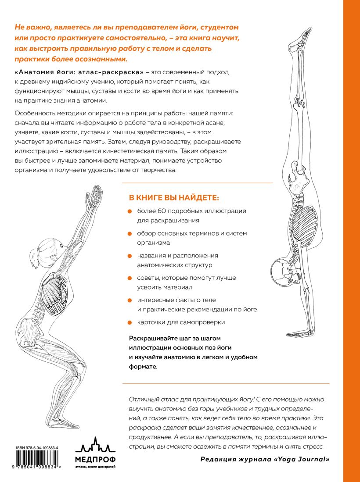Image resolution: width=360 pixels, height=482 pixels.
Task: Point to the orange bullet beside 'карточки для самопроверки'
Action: click(x=130, y=322)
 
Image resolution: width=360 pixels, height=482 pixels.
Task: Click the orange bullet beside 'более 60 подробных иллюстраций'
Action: click(x=130, y=211)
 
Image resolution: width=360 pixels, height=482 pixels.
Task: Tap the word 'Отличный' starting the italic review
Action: click(x=143, y=399)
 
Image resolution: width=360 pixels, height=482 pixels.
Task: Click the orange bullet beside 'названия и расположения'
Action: click(x=130, y=256)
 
